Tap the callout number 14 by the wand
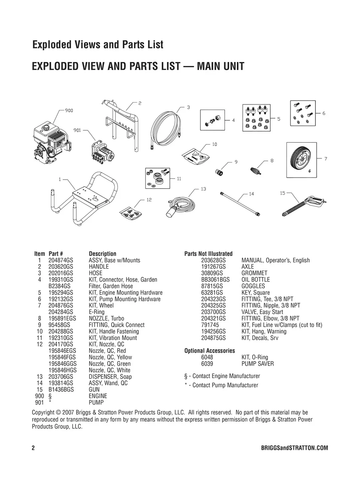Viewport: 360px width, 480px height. tap(251, 194)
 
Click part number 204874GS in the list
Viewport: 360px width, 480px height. tap(61, 260)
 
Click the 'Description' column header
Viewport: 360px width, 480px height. tap(103, 254)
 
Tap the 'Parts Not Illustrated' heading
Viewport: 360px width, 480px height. tap(208, 254)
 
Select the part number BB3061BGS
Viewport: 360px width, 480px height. tap(215, 280)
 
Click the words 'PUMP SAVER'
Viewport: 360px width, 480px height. tap(257, 364)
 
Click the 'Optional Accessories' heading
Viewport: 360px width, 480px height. tap(209, 351)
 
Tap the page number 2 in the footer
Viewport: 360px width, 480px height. tap(33, 448)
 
